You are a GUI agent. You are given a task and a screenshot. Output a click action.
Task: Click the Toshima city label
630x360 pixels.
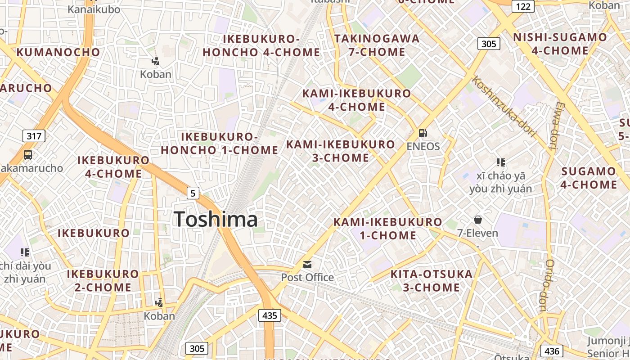coord(216,219)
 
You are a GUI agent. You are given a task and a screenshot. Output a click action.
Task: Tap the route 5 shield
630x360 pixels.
coord(193,193)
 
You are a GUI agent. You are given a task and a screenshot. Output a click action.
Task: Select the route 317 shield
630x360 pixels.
coord(34,135)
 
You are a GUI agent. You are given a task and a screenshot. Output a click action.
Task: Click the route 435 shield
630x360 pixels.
coord(270,315)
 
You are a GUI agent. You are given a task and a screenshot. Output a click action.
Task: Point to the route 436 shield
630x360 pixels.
coord(552,351)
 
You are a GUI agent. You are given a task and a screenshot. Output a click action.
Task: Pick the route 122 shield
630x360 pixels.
coord(523,6)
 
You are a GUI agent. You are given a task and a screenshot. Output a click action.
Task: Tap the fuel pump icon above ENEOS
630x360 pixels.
coord(423,133)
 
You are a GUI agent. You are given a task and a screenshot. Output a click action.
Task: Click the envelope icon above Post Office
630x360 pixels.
coord(307,264)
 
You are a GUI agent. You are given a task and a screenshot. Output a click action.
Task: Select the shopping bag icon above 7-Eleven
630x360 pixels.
coord(477,220)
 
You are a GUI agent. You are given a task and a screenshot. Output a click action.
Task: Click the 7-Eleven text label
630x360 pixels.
coord(477,233)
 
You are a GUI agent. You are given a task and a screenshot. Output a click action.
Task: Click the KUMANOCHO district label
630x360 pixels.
coord(58,52)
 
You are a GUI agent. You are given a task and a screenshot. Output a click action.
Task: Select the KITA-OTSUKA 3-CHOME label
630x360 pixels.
coord(431,280)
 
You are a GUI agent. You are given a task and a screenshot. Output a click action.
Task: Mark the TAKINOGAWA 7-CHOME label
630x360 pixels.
coord(377,45)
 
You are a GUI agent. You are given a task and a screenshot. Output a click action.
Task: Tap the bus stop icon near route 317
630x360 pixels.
coord(28,155)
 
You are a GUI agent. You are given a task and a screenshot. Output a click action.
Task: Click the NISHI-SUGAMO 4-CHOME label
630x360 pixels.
coord(560,44)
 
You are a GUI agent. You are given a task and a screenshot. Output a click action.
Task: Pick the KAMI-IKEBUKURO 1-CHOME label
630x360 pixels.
coord(387,228)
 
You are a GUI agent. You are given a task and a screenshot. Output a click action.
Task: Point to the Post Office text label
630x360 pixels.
coord(307,277)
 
